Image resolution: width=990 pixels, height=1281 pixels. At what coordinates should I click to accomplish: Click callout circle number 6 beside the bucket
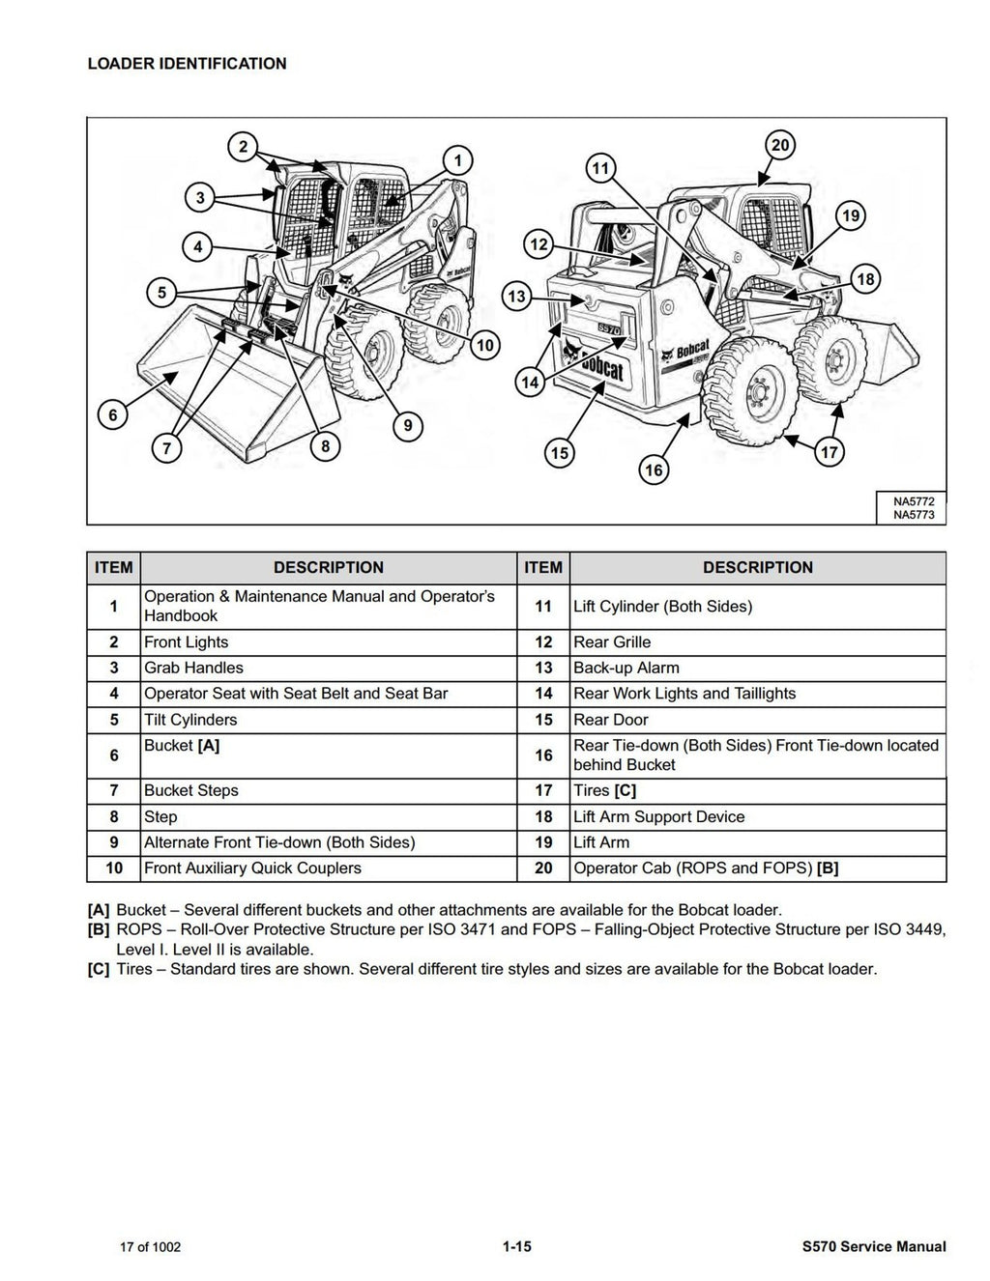(113, 415)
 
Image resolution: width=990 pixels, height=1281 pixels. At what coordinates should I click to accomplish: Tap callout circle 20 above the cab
(779, 146)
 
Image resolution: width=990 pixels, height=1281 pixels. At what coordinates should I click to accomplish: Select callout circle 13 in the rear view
(517, 296)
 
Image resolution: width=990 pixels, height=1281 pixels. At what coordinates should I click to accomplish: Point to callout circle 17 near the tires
(830, 451)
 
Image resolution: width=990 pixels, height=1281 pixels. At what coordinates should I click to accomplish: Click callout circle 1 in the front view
(457, 160)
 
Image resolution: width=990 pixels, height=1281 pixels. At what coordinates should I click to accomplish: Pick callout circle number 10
(485, 345)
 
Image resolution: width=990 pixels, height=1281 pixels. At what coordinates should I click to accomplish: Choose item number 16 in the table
(543, 755)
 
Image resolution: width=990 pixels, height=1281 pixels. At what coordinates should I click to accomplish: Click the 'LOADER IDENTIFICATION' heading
(187, 64)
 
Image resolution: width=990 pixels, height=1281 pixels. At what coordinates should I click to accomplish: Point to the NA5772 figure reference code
(913, 501)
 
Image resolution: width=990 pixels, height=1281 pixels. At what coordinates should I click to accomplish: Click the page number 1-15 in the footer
(516, 1246)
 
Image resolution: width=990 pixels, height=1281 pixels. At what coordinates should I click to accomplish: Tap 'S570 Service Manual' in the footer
(867, 1246)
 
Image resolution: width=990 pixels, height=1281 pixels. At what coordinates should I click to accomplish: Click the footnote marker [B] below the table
(98, 929)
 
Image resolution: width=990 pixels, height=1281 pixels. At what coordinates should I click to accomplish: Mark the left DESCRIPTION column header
(328, 568)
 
